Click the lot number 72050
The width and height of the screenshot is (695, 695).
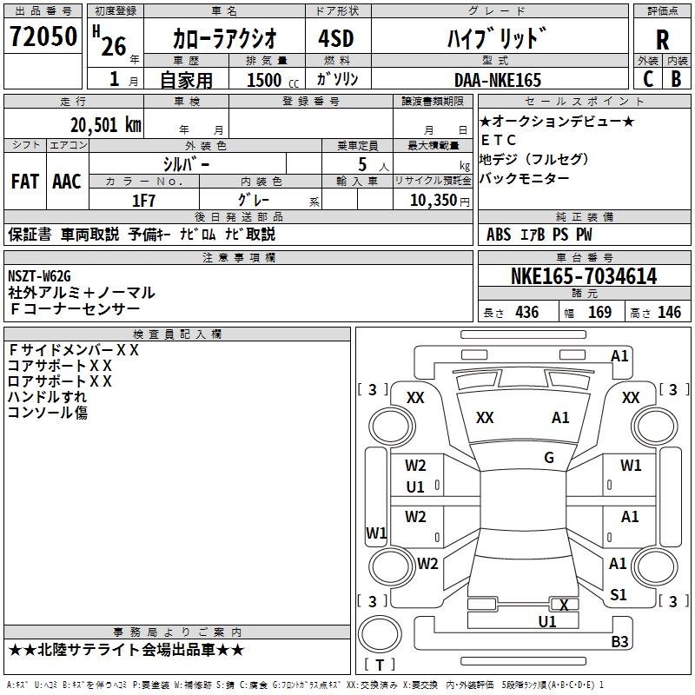click(43, 38)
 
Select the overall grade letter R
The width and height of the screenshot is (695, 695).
click(662, 39)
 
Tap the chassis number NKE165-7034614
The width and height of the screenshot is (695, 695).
click(584, 276)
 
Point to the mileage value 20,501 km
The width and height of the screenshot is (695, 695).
click(105, 124)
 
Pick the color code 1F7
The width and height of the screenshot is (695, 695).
click(143, 200)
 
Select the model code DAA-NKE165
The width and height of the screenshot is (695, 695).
click(498, 80)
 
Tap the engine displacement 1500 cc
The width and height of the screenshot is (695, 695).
click(266, 80)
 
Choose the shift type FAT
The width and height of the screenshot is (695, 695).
click(24, 182)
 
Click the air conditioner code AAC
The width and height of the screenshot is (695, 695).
click(66, 182)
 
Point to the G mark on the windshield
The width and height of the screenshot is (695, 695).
click(549, 458)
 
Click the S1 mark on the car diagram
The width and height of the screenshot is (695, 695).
click(619, 594)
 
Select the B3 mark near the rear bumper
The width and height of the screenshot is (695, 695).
click(619, 641)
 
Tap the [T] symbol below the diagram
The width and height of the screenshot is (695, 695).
click(380, 665)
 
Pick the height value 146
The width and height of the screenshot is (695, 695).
click(669, 313)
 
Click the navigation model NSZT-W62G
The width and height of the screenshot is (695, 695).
click(39, 276)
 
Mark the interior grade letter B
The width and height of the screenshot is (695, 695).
click(676, 78)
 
